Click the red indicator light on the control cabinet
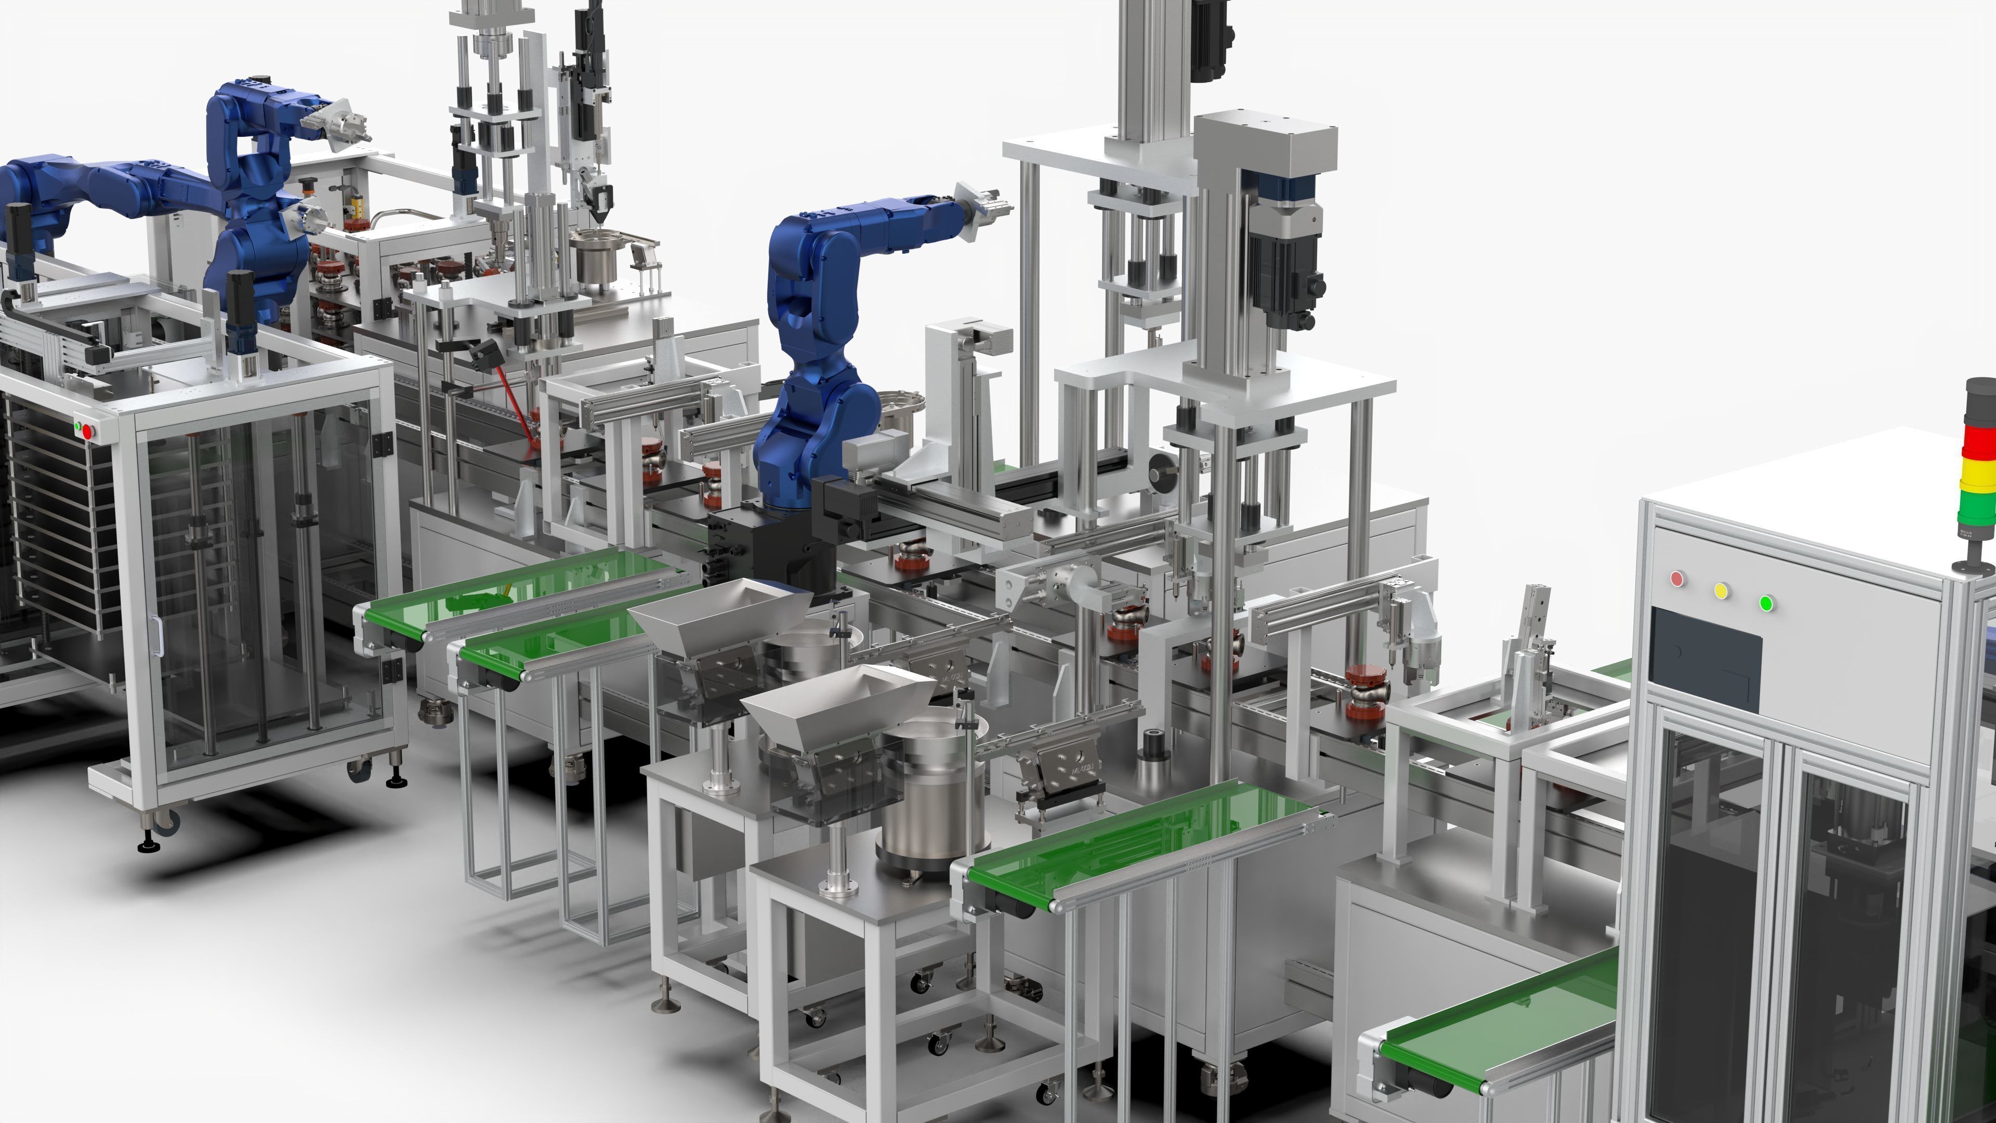pyautogui.click(x=1677, y=578)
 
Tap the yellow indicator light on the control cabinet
pyautogui.click(x=1722, y=591)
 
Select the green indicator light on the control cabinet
pyautogui.click(x=1767, y=603)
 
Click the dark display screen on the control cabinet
pyautogui.click(x=1705, y=659)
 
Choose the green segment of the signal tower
pyautogui.click(x=1977, y=504)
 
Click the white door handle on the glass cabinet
pyautogui.click(x=157, y=635)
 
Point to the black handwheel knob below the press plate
pyautogui.click(x=1160, y=469)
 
